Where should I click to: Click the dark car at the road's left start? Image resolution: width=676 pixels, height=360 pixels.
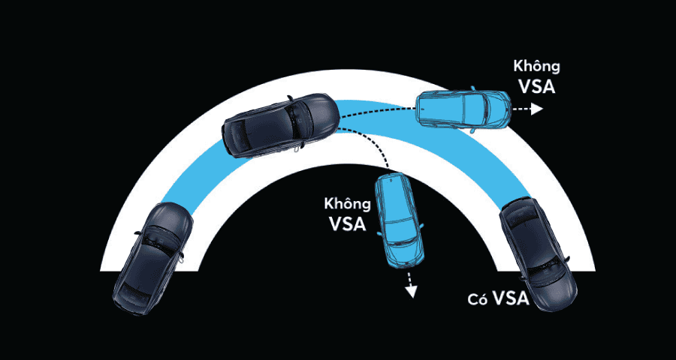[x=152, y=258]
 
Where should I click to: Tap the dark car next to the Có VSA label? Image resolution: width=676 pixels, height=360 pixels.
[x=538, y=253]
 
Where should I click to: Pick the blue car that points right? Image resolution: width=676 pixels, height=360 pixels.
[x=463, y=109]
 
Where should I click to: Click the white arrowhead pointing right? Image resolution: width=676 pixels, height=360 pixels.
[x=537, y=109]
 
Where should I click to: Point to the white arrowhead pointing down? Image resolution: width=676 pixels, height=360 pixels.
[x=412, y=292]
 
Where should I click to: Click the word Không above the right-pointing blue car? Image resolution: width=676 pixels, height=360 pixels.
[x=536, y=67]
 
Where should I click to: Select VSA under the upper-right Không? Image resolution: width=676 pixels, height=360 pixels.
[x=537, y=86]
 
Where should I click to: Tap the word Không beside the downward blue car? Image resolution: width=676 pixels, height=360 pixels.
[x=348, y=204]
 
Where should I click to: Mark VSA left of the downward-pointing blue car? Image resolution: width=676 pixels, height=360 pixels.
[x=348, y=223]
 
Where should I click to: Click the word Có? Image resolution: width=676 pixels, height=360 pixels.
[x=478, y=300]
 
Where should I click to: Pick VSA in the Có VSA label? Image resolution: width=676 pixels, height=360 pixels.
[x=511, y=298]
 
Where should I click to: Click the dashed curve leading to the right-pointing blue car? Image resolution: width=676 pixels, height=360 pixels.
[x=379, y=110]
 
